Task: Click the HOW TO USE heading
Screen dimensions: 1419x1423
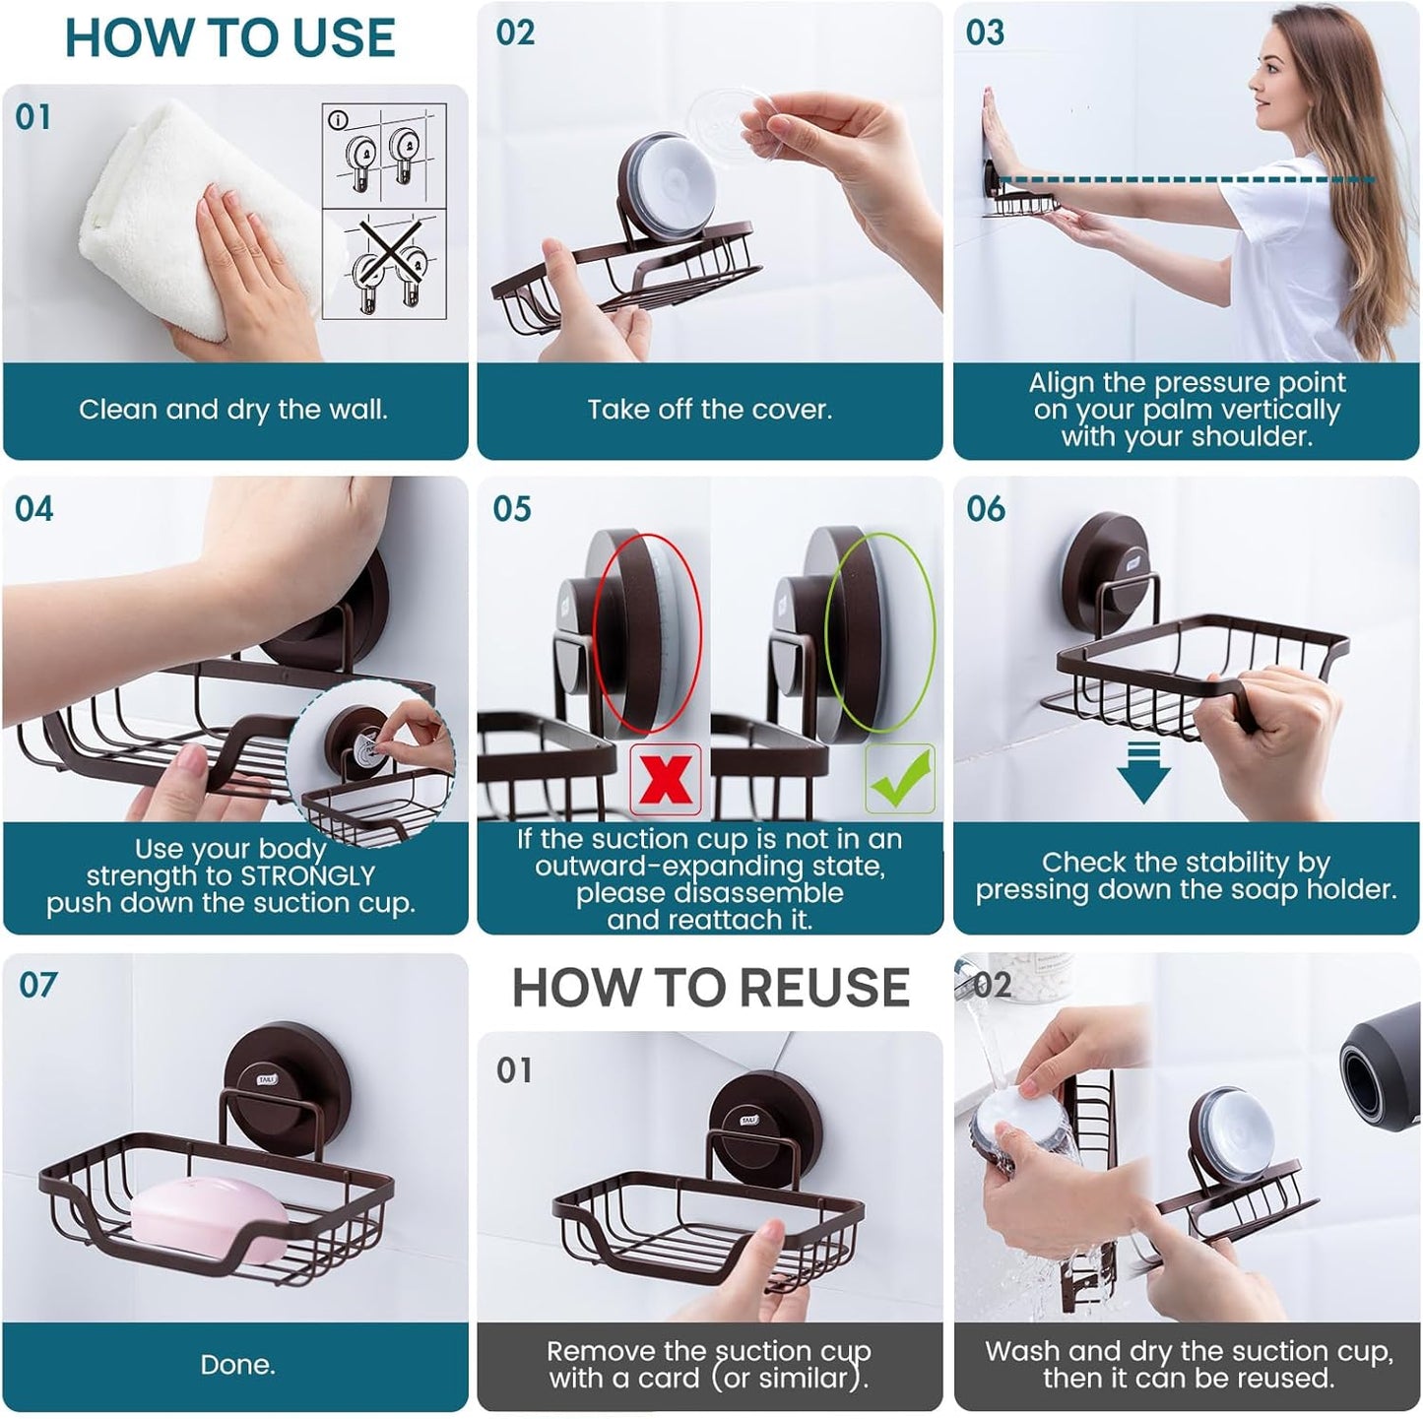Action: (x=229, y=38)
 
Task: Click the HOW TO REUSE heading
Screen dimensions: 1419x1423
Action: (x=710, y=988)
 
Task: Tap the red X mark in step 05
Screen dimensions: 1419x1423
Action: (x=666, y=780)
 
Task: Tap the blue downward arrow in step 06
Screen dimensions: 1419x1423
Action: (x=1143, y=772)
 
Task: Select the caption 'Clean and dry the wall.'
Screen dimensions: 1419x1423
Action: (x=233, y=410)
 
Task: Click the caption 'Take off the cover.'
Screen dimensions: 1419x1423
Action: (x=710, y=410)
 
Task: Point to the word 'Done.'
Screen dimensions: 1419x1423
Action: (x=237, y=1364)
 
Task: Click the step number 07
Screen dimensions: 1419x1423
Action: (x=37, y=985)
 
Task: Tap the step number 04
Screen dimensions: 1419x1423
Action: (x=34, y=509)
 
